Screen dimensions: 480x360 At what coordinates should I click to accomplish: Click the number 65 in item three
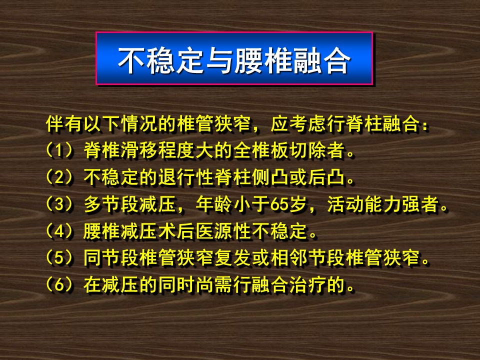(x=279, y=204)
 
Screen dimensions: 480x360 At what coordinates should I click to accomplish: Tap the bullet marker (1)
(x=59, y=150)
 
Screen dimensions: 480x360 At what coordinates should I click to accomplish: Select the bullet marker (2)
(x=59, y=177)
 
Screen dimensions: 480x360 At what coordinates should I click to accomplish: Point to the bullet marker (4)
(x=59, y=231)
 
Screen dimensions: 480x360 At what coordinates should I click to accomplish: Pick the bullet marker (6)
(x=59, y=285)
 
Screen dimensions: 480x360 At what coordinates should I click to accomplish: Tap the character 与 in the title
(x=220, y=60)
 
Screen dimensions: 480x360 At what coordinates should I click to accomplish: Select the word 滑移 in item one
(x=139, y=150)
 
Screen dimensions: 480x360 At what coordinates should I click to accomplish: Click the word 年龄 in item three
(x=214, y=204)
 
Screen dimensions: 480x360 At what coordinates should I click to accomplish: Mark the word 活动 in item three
(x=345, y=204)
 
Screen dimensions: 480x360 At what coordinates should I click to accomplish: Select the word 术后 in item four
(x=176, y=231)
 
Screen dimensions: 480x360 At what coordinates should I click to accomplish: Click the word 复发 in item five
(x=233, y=258)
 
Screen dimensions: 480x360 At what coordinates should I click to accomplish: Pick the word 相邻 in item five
(x=289, y=258)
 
